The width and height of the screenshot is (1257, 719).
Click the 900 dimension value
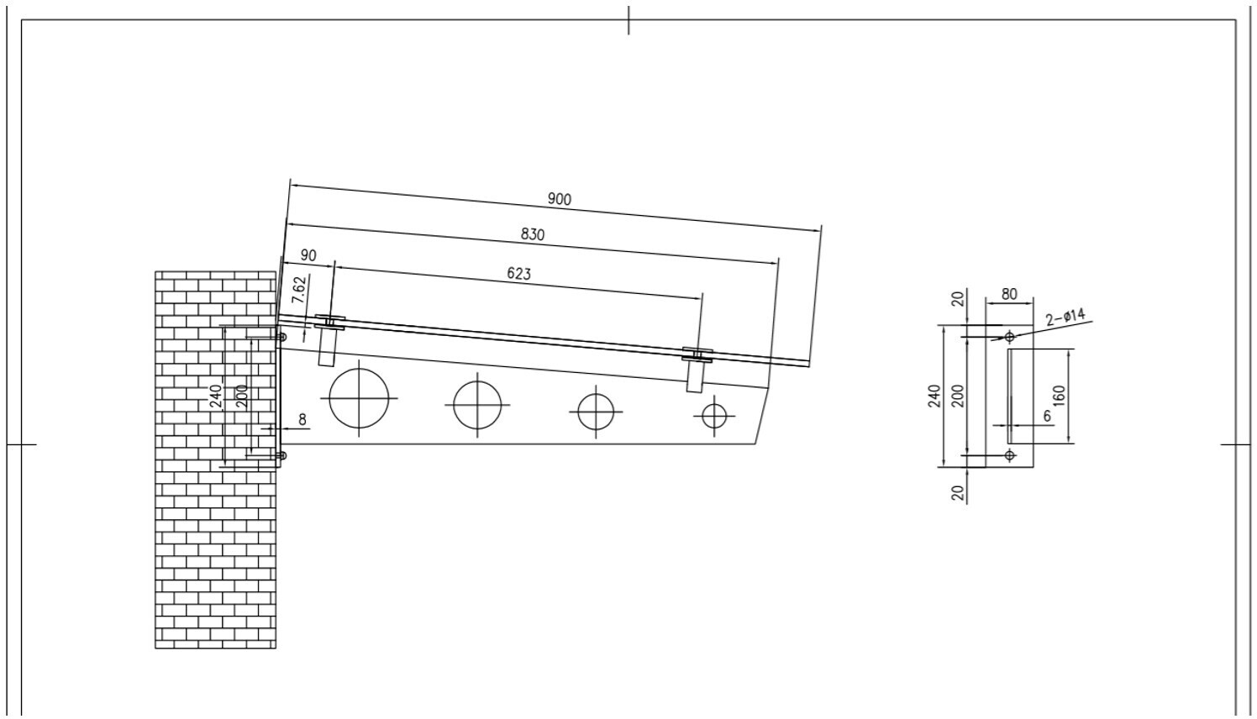[x=560, y=199]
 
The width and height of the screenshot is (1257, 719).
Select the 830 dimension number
[x=533, y=234]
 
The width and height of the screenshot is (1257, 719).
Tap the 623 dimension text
[x=518, y=274]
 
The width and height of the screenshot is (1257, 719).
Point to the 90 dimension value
[x=308, y=255]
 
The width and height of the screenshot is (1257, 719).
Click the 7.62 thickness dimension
[x=300, y=290]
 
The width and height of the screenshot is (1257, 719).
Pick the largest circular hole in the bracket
[x=359, y=369]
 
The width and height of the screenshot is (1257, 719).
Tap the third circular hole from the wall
[x=596, y=394]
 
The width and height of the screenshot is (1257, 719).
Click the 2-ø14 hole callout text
[x=1065, y=318]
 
